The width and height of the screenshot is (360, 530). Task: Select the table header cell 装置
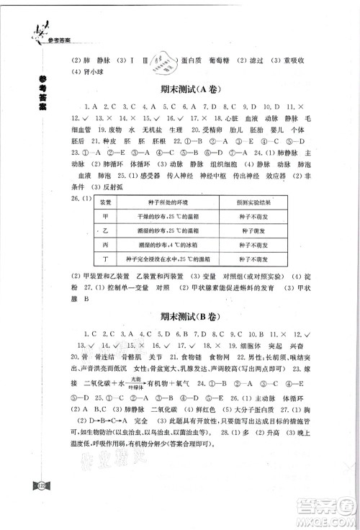(105, 204)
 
